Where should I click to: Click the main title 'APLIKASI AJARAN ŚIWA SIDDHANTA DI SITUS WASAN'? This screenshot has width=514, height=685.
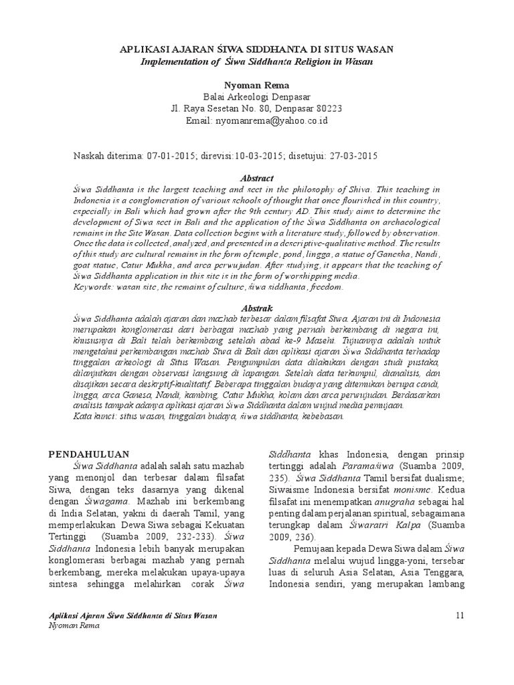(257, 50)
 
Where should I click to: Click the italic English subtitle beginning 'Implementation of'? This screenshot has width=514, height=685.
(257, 62)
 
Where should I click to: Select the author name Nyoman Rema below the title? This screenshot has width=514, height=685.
(257, 86)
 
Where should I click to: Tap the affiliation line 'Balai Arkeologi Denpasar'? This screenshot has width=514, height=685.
(257, 98)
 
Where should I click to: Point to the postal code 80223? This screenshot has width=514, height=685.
(329, 110)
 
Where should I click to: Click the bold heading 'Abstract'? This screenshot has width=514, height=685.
(257, 178)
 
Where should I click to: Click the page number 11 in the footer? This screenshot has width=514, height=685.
(458, 615)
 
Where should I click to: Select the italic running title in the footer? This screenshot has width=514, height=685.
(134, 615)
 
